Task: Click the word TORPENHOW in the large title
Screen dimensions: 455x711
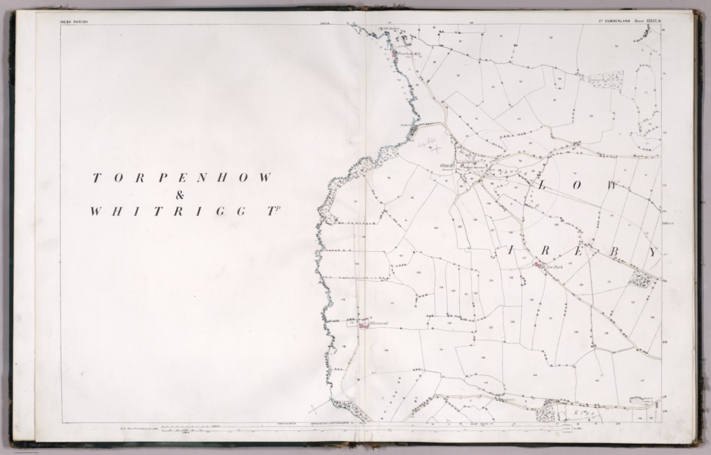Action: coord(181,178)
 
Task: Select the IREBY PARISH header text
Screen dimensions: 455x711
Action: coord(74,21)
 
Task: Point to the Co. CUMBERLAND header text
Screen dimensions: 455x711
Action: coord(613,21)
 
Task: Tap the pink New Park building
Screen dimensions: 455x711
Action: coord(538,265)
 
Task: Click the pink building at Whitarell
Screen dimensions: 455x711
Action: coord(363,325)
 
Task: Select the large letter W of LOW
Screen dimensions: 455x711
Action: coord(612,186)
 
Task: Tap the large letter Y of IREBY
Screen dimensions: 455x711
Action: coord(653,252)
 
